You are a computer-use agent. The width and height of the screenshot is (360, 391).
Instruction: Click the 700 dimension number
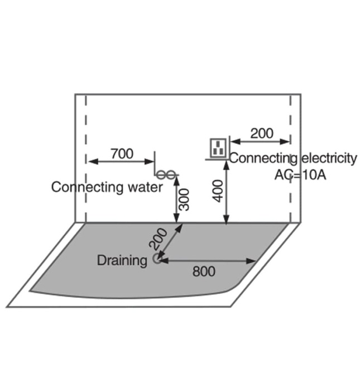[x=122, y=154]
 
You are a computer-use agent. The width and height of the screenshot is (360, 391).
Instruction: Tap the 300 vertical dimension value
[x=185, y=199]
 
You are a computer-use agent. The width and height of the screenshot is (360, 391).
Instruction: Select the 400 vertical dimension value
[x=218, y=191]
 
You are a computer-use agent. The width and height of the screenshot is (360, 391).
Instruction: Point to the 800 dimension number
[x=204, y=271]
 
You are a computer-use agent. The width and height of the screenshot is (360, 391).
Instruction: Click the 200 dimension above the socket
[x=262, y=133]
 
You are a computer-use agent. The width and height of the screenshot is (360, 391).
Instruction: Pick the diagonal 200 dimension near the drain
[x=158, y=239]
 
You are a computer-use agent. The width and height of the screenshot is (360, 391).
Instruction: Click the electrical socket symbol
[x=218, y=147]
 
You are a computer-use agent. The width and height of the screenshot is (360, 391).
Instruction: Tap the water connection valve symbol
[x=166, y=174]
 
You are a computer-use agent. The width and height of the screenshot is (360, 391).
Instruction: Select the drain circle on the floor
[x=157, y=259]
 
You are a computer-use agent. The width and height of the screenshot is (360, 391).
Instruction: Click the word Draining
[x=122, y=261]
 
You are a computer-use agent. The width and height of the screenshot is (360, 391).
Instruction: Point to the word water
[x=145, y=187]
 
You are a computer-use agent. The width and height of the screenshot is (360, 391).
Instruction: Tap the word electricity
[x=329, y=158]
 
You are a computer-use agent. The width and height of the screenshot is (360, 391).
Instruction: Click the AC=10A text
[x=300, y=175]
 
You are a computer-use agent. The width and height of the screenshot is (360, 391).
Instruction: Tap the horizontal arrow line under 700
[x=122, y=161]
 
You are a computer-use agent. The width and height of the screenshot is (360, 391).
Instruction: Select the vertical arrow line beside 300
[x=176, y=199]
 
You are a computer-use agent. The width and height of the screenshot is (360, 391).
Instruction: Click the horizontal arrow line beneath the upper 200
[x=260, y=141]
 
